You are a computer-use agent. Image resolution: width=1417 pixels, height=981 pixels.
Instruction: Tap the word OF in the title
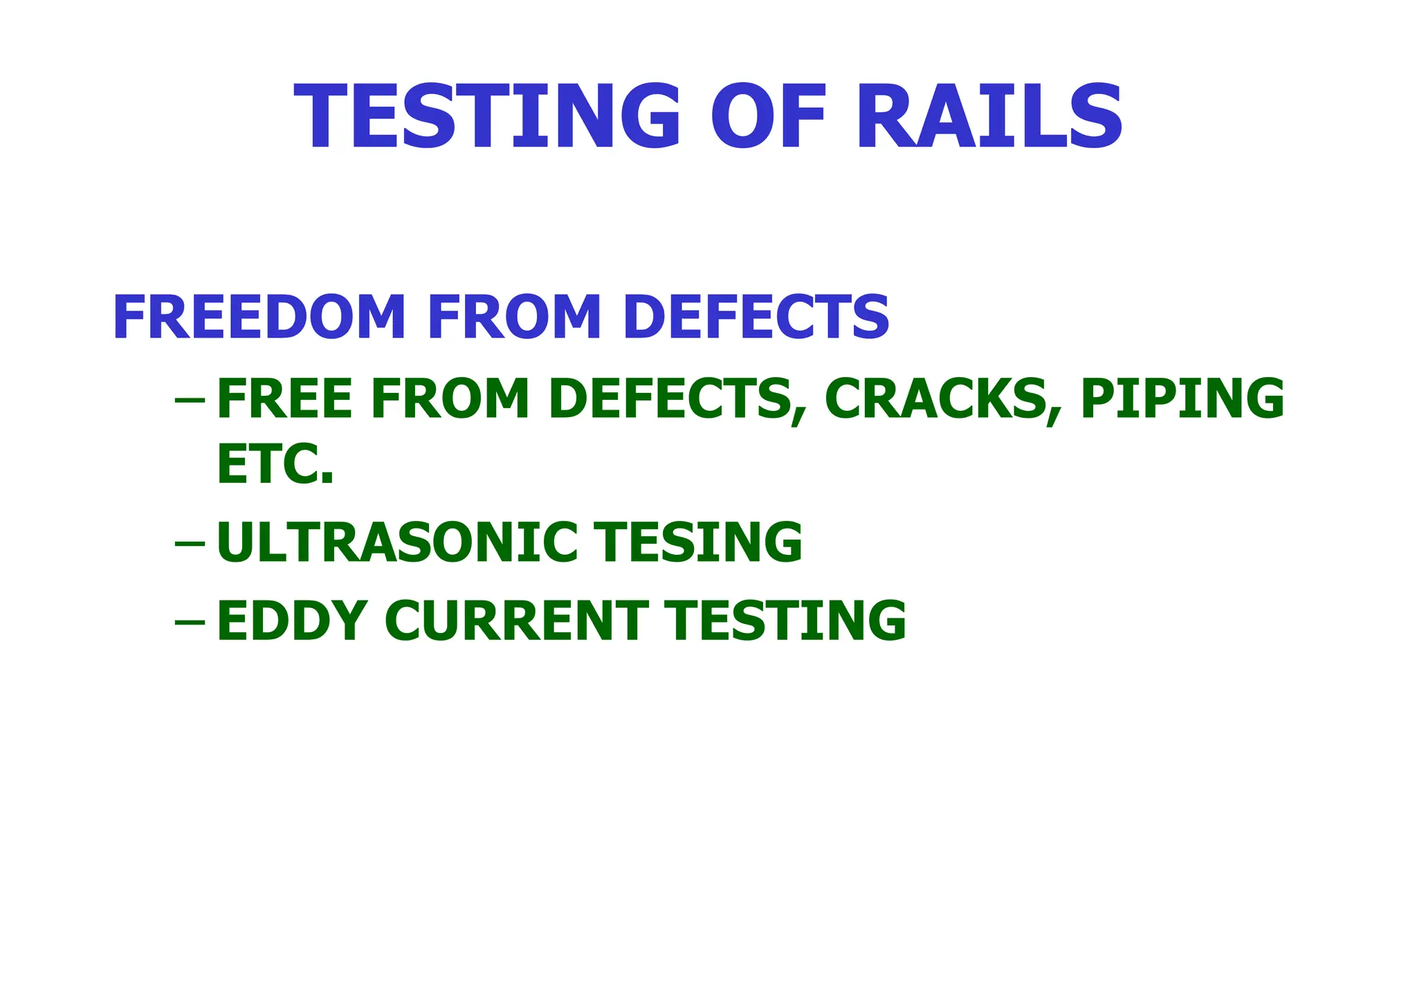[769, 116]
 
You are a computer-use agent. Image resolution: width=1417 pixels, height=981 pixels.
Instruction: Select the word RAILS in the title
[989, 116]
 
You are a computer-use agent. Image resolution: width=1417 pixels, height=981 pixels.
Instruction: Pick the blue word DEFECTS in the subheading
[756, 318]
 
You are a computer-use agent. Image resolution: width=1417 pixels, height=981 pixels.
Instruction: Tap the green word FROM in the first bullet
[450, 399]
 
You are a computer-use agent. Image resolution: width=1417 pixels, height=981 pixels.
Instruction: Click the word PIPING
[1182, 399]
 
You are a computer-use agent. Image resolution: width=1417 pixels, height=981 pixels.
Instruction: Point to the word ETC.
[275, 465]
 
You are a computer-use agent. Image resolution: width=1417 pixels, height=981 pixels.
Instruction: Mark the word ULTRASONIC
[397, 543]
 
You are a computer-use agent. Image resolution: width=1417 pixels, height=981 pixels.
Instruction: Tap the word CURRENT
[516, 621]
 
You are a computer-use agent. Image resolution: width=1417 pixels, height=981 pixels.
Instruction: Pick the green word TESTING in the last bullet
[785, 621]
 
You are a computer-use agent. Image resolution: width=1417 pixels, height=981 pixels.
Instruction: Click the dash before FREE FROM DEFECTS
[190, 401]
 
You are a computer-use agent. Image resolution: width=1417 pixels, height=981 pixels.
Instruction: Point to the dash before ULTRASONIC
[190, 544]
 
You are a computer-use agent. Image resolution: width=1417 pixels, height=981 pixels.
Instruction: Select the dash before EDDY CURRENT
[190, 621]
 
